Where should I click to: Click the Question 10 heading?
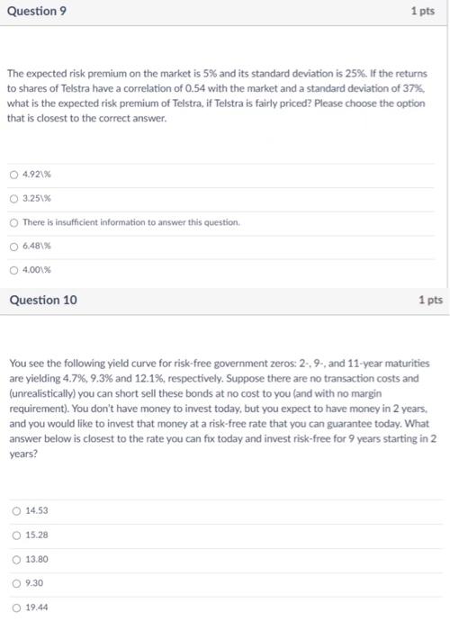point(42,300)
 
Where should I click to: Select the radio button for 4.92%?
point(14,175)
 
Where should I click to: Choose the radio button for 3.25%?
point(14,199)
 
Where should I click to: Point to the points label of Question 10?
point(431,300)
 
